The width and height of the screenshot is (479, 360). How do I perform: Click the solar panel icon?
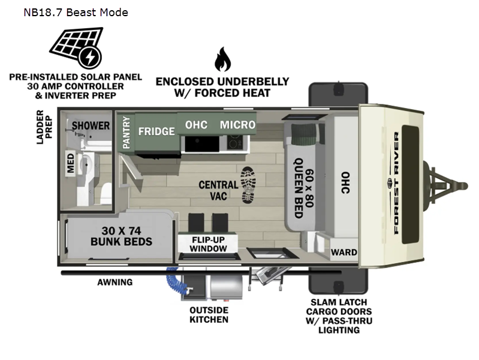tap(76, 47)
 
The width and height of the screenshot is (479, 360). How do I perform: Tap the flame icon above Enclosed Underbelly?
tap(222, 59)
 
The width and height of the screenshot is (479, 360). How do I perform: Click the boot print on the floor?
tap(248, 185)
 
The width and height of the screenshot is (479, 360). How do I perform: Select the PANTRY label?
tap(126, 133)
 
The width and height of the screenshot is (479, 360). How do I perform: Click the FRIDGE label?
tap(156, 131)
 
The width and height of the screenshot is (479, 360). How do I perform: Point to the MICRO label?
tap(237, 125)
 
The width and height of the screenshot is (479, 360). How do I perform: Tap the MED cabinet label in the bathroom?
tap(71, 163)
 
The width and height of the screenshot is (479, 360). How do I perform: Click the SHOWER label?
tap(91, 125)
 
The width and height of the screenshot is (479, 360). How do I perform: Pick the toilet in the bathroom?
tap(106, 193)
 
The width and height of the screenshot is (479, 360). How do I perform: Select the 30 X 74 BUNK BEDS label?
tap(121, 236)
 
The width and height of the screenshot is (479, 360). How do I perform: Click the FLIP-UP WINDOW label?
tap(208, 244)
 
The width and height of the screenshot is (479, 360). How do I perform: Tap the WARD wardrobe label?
tap(344, 253)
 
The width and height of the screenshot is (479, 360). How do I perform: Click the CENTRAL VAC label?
tap(218, 190)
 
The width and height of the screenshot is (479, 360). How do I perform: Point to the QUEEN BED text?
tap(299, 188)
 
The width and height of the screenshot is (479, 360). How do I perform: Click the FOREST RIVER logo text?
tap(396, 183)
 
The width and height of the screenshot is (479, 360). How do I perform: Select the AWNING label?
tap(115, 282)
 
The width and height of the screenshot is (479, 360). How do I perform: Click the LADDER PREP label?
tap(44, 127)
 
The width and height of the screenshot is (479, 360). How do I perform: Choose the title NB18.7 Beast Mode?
tap(76, 13)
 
